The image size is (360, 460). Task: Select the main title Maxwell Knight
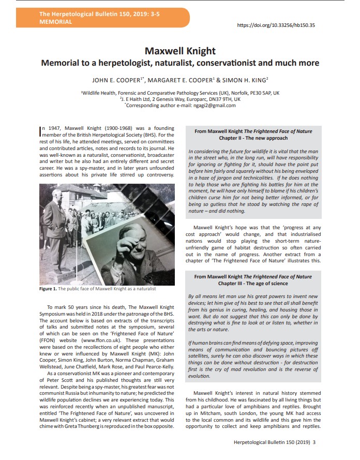click(180, 51)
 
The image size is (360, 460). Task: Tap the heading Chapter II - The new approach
click(253, 139)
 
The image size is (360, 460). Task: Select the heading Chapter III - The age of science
click(253, 284)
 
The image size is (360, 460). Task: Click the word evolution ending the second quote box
click(199, 377)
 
